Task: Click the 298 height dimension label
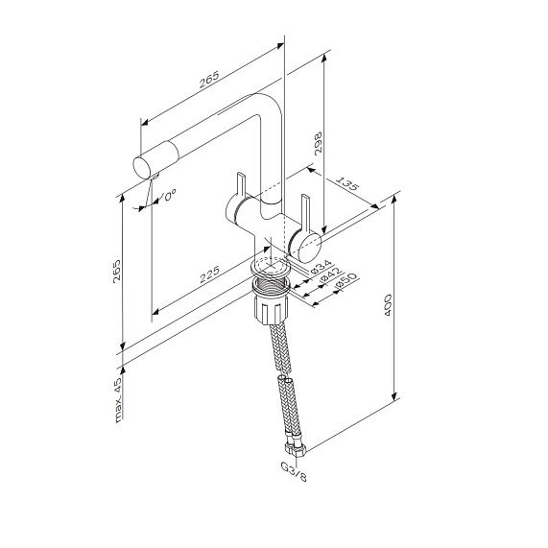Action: coord(318,143)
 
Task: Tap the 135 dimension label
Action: coord(347,183)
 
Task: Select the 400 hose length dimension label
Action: coord(388,305)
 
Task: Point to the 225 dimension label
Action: coord(209,274)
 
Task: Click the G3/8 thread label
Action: coord(294,472)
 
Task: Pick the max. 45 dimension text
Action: coord(119,400)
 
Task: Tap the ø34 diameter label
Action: coord(321,266)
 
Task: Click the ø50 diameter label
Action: coord(346,281)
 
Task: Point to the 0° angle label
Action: coord(170,195)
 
